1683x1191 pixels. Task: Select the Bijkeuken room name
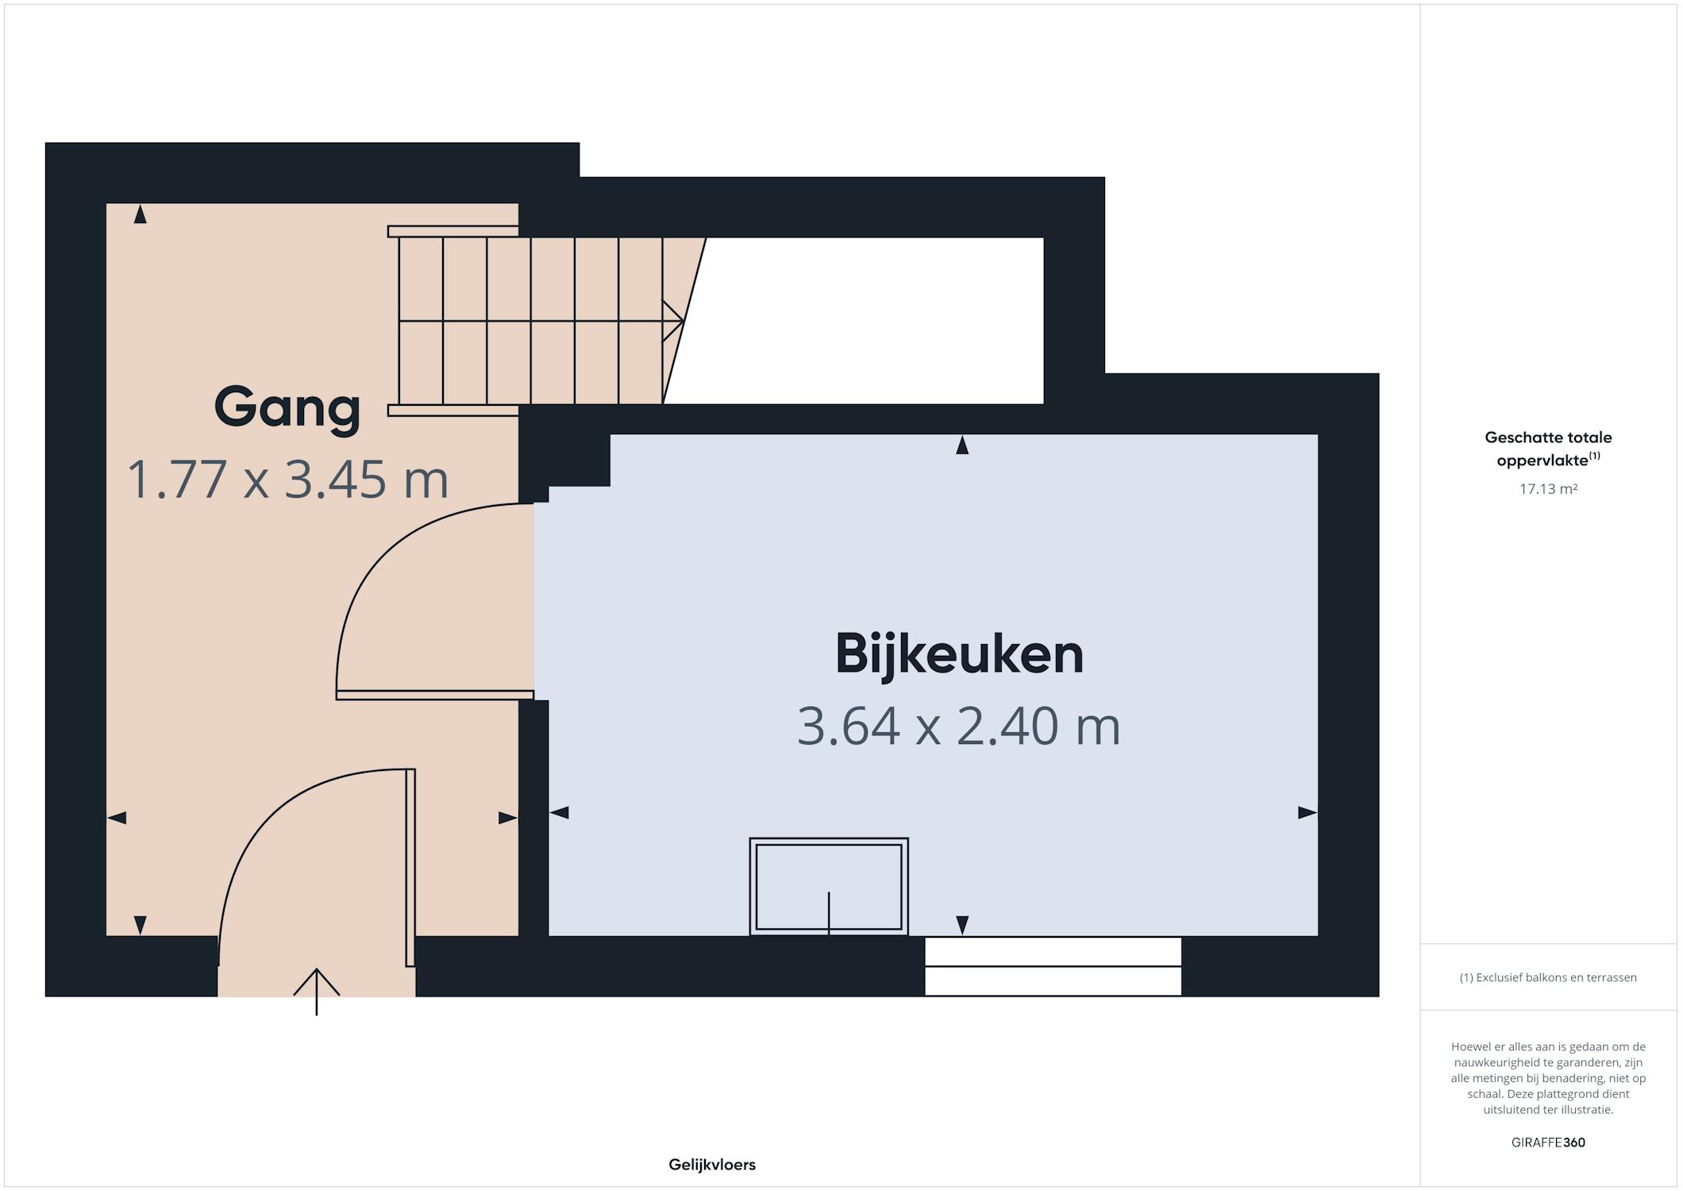(959, 654)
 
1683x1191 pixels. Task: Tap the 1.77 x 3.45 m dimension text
(287, 480)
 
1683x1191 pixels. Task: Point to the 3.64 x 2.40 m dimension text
(959, 726)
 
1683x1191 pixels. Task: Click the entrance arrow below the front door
(317, 992)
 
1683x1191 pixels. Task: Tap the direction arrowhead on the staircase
(674, 321)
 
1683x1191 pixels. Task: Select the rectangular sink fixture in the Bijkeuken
(829, 886)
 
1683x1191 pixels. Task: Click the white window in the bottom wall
(1053, 966)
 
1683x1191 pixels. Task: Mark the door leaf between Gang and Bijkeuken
(435, 696)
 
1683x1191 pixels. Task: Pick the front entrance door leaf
(410, 868)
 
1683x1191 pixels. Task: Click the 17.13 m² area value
(1548, 489)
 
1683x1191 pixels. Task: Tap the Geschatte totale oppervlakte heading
(1548, 449)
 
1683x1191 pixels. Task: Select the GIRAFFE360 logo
(1548, 1143)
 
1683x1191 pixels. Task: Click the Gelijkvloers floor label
(712, 1165)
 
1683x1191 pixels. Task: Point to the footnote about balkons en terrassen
(1548, 977)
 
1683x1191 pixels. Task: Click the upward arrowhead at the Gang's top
(141, 214)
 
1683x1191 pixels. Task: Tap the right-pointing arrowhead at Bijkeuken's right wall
(1308, 812)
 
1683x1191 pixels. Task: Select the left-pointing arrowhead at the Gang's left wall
(117, 818)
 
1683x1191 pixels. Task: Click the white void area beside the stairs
(865, 321)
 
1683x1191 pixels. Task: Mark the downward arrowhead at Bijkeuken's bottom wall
(962, 925)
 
